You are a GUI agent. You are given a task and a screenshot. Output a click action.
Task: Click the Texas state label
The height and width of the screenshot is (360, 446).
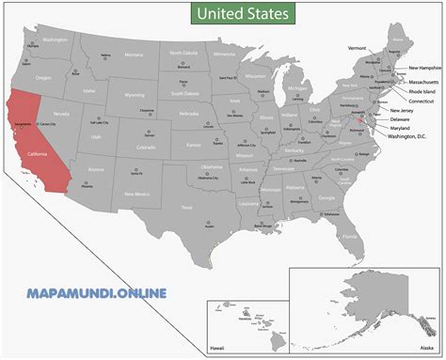click(187, 207)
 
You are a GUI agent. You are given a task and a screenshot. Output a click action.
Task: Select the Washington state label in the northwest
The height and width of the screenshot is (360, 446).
click(56, 40)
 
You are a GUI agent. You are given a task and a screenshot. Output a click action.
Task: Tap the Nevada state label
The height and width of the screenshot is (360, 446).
click(63, 114)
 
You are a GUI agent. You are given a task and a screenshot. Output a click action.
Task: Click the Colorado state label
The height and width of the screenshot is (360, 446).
click(146, 148)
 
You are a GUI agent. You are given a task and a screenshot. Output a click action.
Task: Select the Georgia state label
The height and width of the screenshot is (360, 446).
click(327, 198)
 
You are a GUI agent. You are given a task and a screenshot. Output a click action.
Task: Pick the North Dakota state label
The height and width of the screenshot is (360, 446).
click(184, 54)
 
